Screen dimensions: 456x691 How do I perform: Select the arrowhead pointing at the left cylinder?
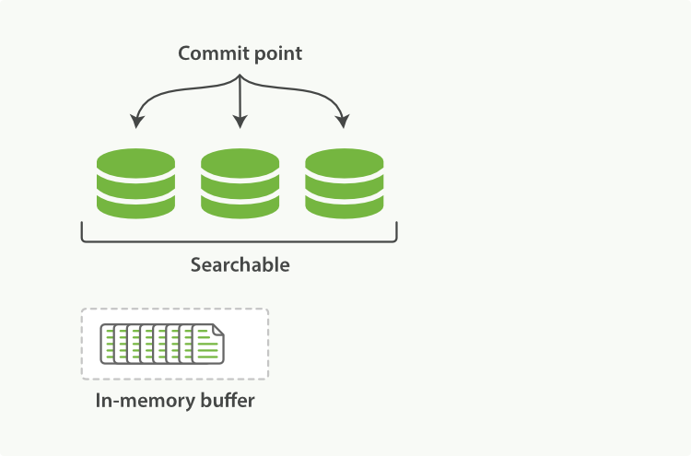point(137,122)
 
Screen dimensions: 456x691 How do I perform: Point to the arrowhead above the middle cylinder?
point(240,122)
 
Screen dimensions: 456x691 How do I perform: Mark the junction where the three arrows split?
point(240,77)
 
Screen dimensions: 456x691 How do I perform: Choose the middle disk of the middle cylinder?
point(240,184)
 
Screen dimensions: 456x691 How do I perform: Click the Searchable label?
point(240,265)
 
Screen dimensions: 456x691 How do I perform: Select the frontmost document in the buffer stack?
point(207,345)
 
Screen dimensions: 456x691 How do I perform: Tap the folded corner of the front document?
point(217,329)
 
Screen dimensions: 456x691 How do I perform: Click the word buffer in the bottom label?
point(225,402)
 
